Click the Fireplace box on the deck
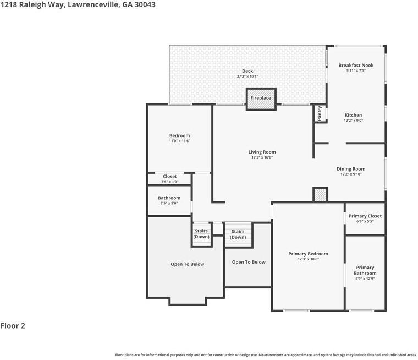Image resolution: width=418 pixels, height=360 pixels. click(261, 99)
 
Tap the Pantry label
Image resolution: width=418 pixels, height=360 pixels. click(320, 113)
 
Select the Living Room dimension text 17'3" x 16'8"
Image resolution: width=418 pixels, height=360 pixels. click(262, 157)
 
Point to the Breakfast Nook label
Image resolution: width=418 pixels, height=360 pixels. click(356, 65)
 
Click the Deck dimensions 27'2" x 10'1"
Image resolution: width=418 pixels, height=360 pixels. click(248, 77)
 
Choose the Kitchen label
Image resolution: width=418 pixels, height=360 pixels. click(354, 115)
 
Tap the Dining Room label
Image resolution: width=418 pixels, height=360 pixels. click(351, 169)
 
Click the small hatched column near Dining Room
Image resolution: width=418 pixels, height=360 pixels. click(320, 194)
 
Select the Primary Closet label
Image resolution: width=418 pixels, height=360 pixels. click(365, 216)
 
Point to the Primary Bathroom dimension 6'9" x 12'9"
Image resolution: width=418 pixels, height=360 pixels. click(365, 279)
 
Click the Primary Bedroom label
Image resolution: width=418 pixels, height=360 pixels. click(308, 254)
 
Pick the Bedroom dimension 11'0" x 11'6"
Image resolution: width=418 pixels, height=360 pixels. click(180, 141)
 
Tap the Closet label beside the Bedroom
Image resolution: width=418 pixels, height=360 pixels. click(170, 176)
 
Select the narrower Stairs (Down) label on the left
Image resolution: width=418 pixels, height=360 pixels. click(201, 234)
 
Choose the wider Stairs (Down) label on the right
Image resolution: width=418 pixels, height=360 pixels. click(238, 234)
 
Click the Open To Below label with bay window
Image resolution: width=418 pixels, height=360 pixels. click(188, 264)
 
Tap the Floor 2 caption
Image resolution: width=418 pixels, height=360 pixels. click(13, 326)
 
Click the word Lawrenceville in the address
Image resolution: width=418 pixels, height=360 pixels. click(94, 4)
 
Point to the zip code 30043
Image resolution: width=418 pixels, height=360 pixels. click(145, 4)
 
